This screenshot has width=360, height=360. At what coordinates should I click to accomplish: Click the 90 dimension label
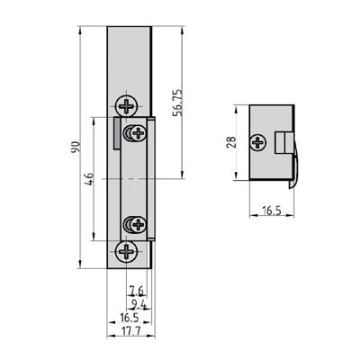[76, 147]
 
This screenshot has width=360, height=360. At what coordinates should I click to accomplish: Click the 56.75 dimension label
[177, 103]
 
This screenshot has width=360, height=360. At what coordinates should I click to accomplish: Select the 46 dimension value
[90, 179]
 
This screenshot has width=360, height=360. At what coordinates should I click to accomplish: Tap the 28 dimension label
[231, 142]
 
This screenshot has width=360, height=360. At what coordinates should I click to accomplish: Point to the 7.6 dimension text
[137, 291]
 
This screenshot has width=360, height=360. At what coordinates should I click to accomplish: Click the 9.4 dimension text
[139, 304]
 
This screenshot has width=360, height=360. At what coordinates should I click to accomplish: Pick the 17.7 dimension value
[130, 331]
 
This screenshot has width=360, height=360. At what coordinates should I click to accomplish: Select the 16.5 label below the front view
[130, 318]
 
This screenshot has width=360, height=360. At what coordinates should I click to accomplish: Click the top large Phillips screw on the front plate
[127, 106]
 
